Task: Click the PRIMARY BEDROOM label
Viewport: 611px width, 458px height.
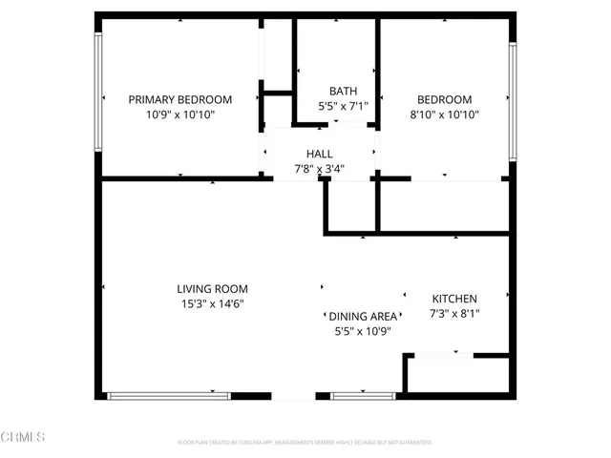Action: click(180, 99)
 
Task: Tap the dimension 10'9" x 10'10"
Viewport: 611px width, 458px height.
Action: click(180, 114)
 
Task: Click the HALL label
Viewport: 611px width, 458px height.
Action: click(319, 155)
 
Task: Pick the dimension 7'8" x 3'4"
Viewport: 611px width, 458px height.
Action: click(319, 170)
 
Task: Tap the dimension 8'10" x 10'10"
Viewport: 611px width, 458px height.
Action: click(444, 114)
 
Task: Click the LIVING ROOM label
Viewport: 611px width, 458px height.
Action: click(212, 289)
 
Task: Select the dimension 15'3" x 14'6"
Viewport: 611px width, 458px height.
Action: click(212, 304)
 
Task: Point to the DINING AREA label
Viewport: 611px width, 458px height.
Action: click(363, 316)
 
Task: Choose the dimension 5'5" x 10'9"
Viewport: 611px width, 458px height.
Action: click(363, 331)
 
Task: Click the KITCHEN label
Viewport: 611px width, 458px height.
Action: click(454, 299)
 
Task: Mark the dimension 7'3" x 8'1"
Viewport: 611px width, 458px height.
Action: click(454, 314)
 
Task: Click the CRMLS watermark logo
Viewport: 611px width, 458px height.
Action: click(24, 438)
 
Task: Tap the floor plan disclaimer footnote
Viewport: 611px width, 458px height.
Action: click(305, 443)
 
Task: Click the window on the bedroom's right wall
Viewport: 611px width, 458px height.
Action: click(513, 101)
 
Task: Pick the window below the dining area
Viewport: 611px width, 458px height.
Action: click(363, 395)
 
